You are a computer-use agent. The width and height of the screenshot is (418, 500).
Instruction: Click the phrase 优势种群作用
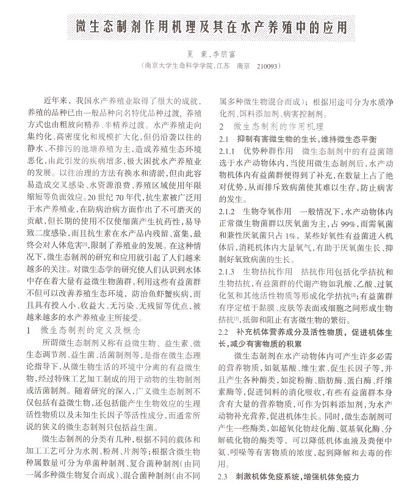coord(268,151)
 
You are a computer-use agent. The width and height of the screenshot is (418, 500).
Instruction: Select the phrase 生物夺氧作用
coord(268,210)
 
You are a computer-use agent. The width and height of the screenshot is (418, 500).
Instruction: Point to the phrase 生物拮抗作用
coord(268,270)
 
